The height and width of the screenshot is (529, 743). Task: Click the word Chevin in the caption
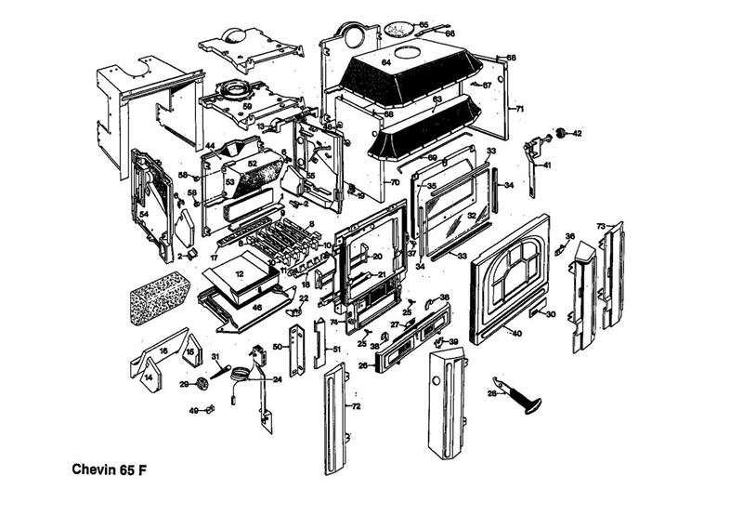point(92,469)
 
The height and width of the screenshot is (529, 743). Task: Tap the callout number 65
point(424,24)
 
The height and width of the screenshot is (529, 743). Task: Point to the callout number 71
point(520,110)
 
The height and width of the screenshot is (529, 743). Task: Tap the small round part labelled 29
point(198,383)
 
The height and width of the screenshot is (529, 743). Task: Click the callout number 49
point(194,410)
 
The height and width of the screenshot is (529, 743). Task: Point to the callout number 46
point(256,306)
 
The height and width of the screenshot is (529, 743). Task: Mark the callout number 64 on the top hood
point(385,62)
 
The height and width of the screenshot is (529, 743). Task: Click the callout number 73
point(601,226)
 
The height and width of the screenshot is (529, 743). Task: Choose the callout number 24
point(277,379)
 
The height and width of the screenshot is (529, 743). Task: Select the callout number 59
point(247,107)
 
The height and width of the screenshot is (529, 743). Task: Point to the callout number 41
point(547,165)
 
